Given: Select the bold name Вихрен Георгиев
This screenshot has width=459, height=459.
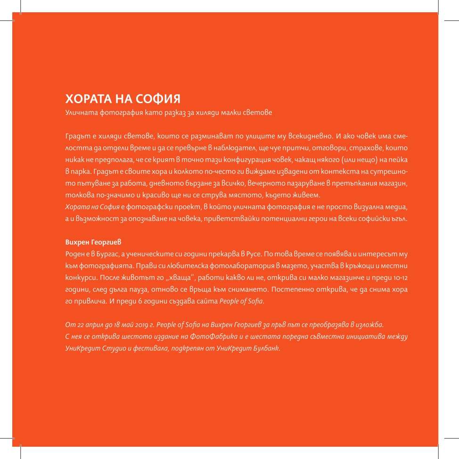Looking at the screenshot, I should coord(93,242).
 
